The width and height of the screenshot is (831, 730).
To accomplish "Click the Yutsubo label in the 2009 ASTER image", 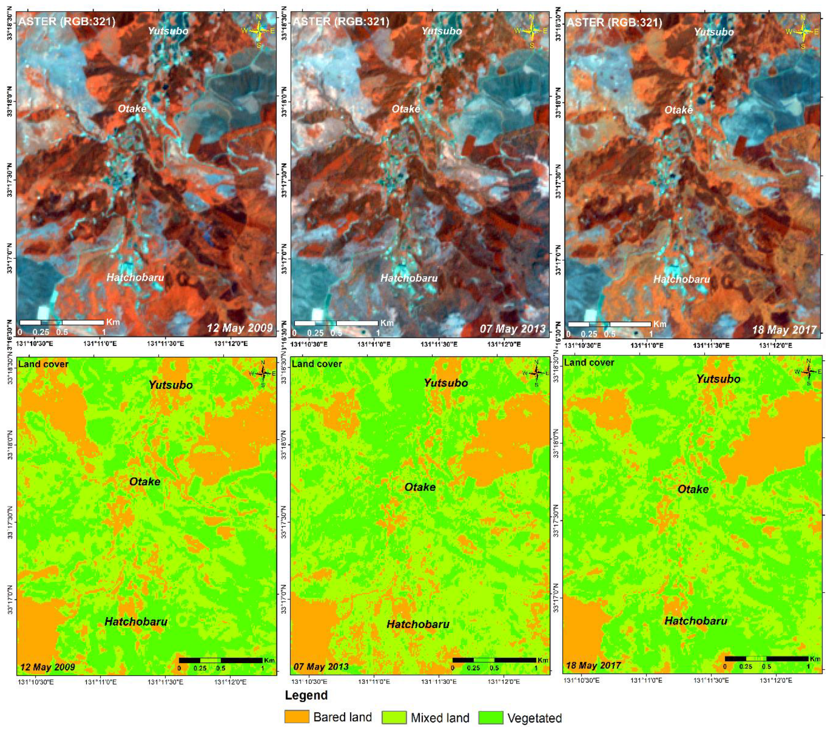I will click(x=168, y=31).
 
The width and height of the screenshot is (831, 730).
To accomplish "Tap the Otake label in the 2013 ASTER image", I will click(x=405, y=109).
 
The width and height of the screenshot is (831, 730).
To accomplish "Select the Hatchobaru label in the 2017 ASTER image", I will click(x=681, y=279).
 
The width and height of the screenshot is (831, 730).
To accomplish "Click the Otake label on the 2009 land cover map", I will click(x=145, y=481).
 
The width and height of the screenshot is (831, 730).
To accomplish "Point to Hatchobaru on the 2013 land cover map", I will click(x=418, y=624).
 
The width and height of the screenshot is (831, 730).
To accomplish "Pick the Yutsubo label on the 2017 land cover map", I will click(x=718, y=379).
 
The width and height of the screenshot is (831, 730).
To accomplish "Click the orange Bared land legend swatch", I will click(x=297, y=717).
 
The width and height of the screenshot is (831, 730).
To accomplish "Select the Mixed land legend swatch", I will click(x=394, y=717).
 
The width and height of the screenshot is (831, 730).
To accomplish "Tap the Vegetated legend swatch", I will click(x=491, y=717).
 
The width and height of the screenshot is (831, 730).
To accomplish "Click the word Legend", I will click(x=306, y=695).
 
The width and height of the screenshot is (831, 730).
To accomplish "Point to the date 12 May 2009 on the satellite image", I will click(x=240, y=328).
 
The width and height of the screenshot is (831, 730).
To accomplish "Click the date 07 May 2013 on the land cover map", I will click(x=321, y=667).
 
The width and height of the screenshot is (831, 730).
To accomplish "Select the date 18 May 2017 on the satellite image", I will click(x=784, y=329).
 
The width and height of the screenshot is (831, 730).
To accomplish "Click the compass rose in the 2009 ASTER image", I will click(x=259, y=31).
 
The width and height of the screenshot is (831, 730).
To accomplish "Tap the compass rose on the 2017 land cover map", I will click(x=809, y=372).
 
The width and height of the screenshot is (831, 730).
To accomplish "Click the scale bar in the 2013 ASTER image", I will click(x=336, y=323).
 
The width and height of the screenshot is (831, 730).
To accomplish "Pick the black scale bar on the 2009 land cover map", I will click(x=221, y=660).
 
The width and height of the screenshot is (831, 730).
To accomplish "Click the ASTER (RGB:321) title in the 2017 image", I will click(x=614, y=22).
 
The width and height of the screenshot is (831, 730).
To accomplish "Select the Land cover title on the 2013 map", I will click(x=317, y=364).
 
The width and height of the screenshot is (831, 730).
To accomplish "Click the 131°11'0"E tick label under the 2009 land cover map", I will click(x=100, y=682).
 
